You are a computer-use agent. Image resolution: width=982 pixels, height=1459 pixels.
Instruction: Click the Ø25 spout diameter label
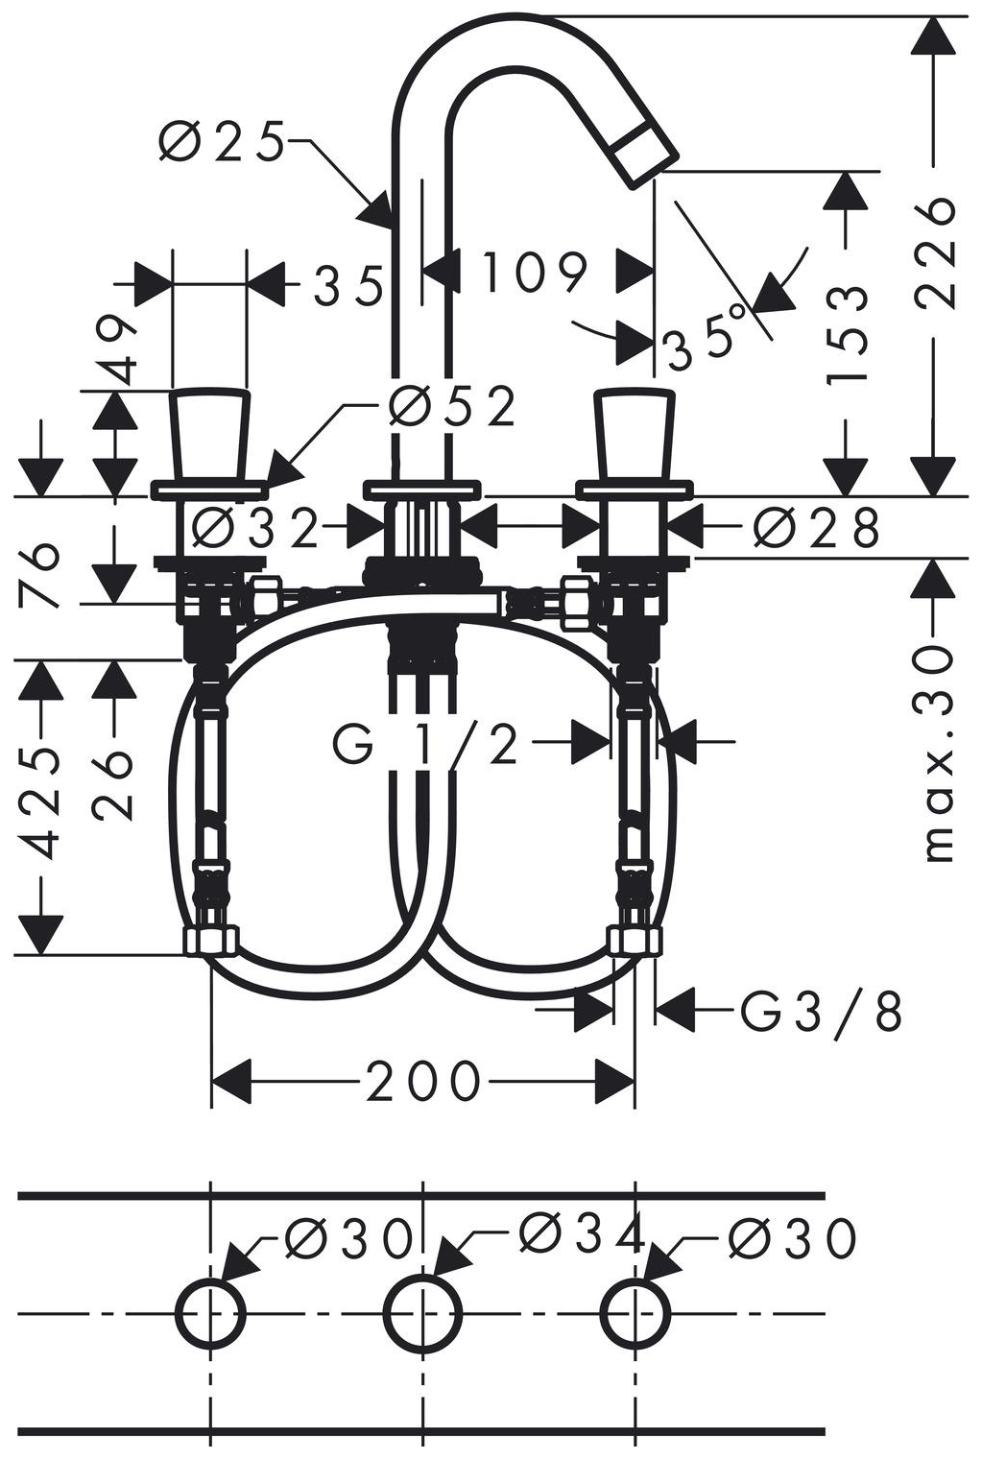tap(222, 141)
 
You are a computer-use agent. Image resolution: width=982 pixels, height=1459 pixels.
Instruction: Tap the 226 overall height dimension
tap(934, 253)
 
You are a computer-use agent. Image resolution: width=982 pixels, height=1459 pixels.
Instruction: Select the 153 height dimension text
tap(847, 331)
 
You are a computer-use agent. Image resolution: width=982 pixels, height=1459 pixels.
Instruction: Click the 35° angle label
tap(705, 336)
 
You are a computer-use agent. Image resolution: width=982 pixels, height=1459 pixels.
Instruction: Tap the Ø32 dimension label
tap(255, 528)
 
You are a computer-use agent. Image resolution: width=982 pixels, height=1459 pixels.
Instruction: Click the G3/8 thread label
tap(821, 1010)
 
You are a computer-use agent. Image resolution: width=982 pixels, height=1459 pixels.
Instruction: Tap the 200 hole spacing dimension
tap(423, 1081)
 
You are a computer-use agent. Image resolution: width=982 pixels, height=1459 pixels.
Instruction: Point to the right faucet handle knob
tap(635, 435)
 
